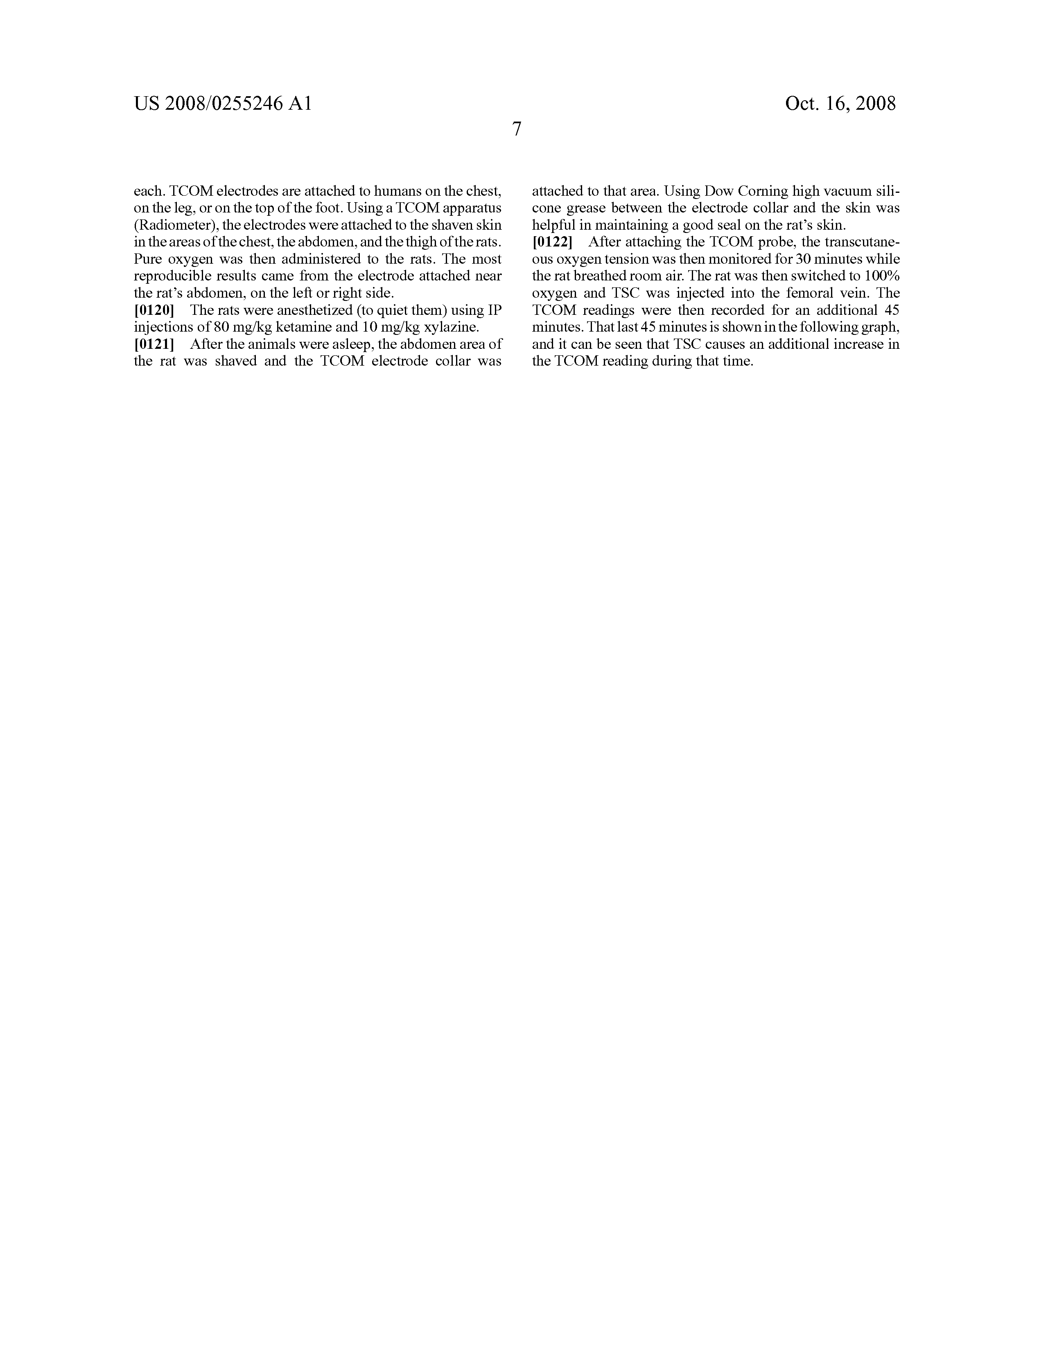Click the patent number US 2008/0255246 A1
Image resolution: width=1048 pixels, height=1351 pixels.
[223, 103]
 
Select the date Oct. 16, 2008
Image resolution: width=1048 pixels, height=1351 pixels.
[840, 103]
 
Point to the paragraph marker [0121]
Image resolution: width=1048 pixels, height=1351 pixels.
[154, 344]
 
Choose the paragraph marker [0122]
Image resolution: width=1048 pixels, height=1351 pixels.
[552, 242]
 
